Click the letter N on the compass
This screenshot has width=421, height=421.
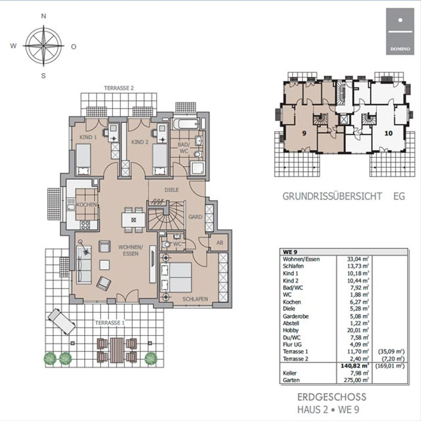click(x=44, y=16)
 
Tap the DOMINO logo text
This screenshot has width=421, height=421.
click(x=400, y=49)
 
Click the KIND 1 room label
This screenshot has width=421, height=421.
click(x=88, y=137)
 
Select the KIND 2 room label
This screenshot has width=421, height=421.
click(x=140, y=142)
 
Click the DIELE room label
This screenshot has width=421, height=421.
click(x=172, y=190)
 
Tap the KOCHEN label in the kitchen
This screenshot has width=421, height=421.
click(x=86, y=205)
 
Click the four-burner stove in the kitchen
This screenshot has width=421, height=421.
click(x=85, y=225)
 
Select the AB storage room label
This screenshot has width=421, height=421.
click(x=220, y=243)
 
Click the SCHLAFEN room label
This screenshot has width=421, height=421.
click(x=195, y=299)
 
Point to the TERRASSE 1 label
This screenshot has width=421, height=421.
click(x=110, y=323)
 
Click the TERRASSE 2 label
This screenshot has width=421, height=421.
click(x=119, y=88)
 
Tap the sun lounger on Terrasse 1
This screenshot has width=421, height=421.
click(x=62, y=321)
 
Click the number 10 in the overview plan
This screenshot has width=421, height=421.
click(x=388, y=133)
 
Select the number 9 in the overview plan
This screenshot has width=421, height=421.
click(x=304, y=133)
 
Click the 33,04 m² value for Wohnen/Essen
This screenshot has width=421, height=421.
click(x=358, y=259)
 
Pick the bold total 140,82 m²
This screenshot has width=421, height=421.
click(x=355, y=365)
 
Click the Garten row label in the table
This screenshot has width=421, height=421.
click(x=291, y=380)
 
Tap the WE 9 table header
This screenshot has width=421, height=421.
click(x=290, y=252)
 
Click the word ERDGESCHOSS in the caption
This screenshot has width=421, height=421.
click(x=332, y=397)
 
